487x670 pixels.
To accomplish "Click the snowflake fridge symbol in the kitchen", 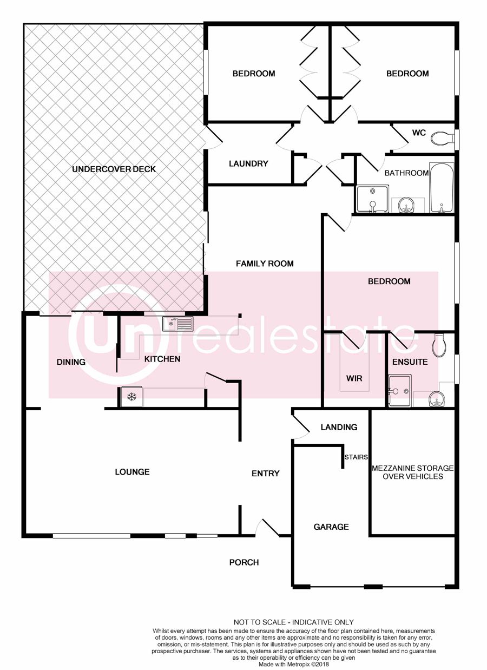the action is [131, 397].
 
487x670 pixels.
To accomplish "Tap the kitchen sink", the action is [177, 324].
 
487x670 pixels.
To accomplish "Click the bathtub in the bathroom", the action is [442, 188].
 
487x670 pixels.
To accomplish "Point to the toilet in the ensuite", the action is [439, 346].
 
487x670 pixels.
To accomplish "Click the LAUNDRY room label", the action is [248, 163].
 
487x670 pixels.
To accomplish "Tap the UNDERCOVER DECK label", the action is [114, 169].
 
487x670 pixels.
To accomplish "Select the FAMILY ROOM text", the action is [265, 264].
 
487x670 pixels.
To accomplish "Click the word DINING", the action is [71, 362].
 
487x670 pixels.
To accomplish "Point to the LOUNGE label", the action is [132, 472].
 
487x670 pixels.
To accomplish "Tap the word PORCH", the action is [244, 562].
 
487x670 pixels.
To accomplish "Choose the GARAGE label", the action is [331, 527].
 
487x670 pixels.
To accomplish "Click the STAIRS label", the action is [356, 457].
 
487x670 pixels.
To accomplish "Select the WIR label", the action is [354, 378].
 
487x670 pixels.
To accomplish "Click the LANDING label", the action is [339, 427].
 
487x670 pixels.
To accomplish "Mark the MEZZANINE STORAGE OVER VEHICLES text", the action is [413, 472].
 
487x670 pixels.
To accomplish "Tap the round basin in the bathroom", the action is [406, 206].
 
